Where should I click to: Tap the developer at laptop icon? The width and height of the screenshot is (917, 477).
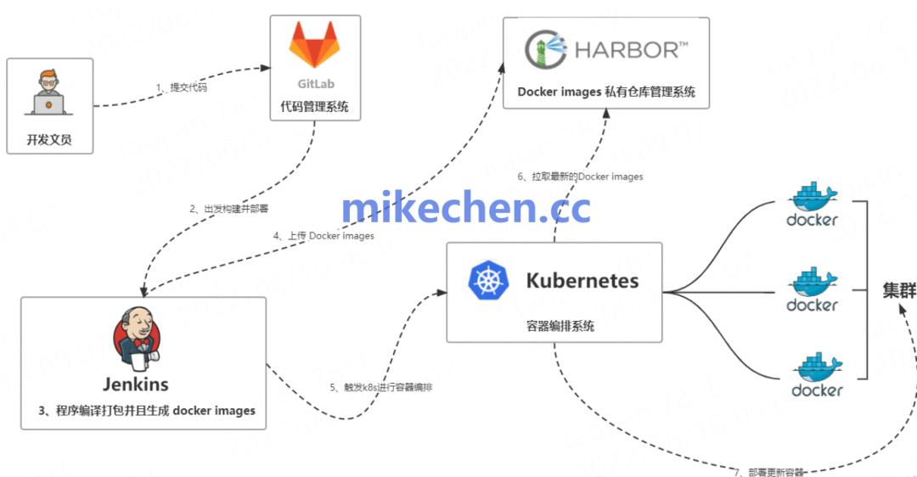click(48, 92)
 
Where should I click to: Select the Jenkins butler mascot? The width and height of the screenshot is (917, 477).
click(135, 340)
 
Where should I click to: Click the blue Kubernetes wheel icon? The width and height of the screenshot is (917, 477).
click(489, 281)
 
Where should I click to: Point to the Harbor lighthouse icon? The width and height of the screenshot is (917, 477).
click(545, 50)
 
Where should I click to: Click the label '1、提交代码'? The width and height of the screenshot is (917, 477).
click(182, 87)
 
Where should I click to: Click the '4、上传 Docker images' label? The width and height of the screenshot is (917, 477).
click(323, 236)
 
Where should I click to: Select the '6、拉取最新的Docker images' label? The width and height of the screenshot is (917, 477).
click(580, 177)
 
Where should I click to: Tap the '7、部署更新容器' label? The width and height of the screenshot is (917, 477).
click(769, 471)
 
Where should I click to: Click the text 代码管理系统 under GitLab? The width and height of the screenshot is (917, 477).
click(314, 108)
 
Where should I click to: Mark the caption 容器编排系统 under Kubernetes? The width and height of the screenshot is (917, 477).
click(555, 326)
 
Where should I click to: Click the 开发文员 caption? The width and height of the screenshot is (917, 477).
click(49, 139)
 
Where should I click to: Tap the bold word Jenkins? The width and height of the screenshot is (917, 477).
click(136, 384)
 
